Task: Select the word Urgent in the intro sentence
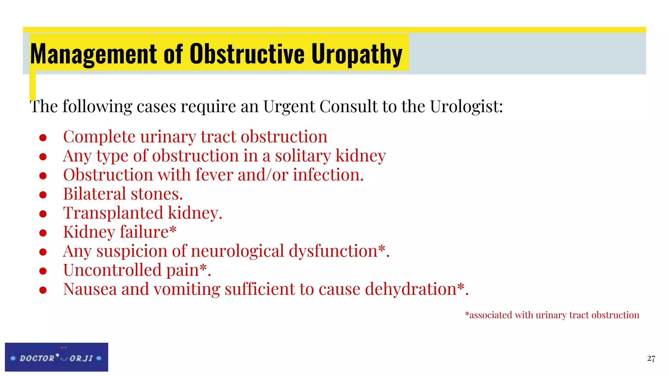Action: (289, 106)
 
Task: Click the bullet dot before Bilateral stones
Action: (43, 195)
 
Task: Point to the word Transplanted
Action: (113, 213)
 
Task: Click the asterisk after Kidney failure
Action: (173, 230)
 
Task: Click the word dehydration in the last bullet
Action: (411, 289)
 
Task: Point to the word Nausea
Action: (90, 289)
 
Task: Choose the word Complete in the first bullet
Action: (99, 136)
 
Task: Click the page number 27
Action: (651, 359)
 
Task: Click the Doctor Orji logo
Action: (57, 357)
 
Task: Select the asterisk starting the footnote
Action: (467, 314)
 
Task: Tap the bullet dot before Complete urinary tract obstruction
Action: (43, 138)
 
